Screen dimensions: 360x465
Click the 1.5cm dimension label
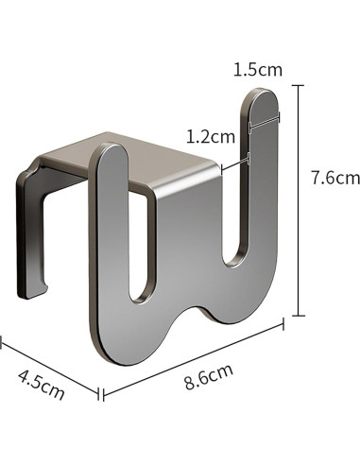[258, 70]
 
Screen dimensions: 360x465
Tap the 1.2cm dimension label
[211, 137]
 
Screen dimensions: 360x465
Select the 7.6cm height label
[335, 178]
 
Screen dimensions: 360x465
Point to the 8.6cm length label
[209, 376]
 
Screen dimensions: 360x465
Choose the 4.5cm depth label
[42, 385]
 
